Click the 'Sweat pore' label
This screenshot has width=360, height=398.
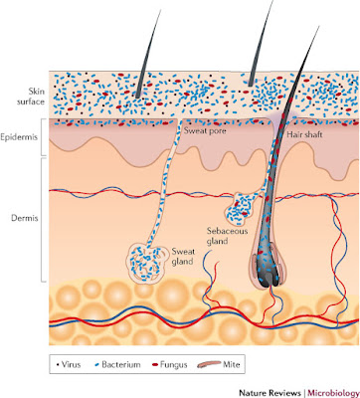(205, 130)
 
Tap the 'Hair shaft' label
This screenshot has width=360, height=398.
(304, 134)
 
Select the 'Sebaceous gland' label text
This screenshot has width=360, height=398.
(227, 236)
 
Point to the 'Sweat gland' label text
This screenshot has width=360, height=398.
(183, 257)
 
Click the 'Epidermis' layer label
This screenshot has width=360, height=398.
(18, 137)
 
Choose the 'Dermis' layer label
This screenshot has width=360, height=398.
(25, 218)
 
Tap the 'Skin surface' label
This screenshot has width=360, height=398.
(31, 97)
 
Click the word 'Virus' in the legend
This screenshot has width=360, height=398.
(71, 365)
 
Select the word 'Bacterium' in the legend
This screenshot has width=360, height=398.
(121, 365)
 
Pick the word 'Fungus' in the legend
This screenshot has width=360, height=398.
(174, 365)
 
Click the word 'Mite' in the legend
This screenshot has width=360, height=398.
(232, 365)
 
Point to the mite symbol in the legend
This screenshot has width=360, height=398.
(209, 364)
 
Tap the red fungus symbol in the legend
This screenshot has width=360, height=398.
(154, 365)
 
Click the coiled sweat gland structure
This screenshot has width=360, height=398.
(146, 264)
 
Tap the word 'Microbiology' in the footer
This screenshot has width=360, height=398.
(333, 393)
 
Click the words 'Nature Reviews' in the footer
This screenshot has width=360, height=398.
(270, 393)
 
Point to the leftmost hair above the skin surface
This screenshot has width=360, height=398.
(148, 53)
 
